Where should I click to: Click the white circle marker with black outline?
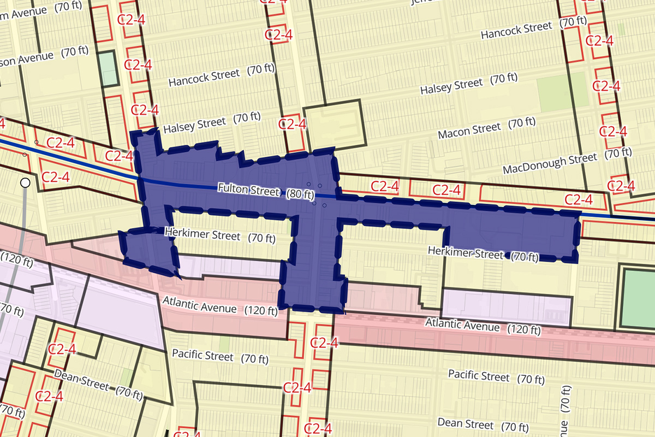coord(25,183)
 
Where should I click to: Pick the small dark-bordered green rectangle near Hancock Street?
coord(109,69)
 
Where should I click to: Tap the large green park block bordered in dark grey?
coord(639,298)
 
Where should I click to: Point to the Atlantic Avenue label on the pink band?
coord(483,326)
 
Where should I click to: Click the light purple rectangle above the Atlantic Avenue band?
coord(506,306)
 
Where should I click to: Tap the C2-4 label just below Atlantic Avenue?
coord(324,343)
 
